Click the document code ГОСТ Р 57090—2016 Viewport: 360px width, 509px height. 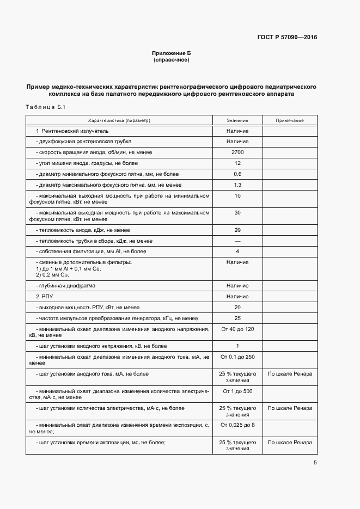tap(287, 38)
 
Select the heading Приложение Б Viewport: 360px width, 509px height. tap(172, 53)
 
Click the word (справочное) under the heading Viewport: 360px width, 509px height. tap(172, 59)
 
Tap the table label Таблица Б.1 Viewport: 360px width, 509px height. tap(45, 107)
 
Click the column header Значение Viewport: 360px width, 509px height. tap(237, 120)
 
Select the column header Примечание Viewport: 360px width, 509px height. tap(290, 120)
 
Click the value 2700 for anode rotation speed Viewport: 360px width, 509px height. tap(237, 152)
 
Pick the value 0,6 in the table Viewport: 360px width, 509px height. tap(237, 174)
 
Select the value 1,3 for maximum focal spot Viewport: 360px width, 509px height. tap(237, 185)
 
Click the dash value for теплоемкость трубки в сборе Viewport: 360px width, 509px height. tap(237, 241)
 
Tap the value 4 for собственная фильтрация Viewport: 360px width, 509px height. tap(237, 252)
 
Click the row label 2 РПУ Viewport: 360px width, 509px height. tap(44, 297)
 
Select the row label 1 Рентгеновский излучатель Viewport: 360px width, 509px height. tap(72, 131)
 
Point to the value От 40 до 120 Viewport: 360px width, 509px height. tap(237, 329)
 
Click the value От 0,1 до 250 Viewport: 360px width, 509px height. tap(237, 357)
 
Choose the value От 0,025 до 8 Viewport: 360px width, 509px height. tap(237, 425)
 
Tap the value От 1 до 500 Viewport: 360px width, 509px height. tap(237, 391)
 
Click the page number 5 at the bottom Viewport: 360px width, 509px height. tap(315, 463)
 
